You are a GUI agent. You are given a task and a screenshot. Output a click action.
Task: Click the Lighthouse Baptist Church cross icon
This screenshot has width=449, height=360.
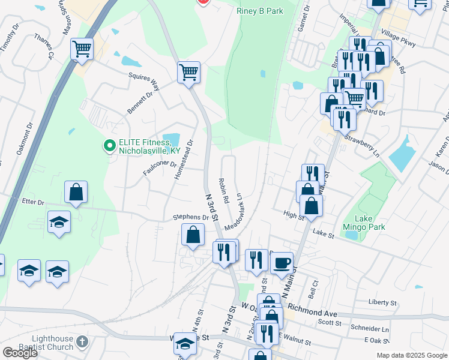pos(83,343)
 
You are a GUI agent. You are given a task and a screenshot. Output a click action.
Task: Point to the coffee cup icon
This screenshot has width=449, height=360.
pos(282,262)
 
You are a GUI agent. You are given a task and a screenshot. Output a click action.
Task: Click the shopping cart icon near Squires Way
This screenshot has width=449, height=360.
pos(188,73)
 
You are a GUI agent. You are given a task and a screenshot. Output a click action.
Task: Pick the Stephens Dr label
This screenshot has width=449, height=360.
pos(190,217)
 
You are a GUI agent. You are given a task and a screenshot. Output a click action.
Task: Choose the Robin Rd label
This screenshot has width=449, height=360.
pos(225,189)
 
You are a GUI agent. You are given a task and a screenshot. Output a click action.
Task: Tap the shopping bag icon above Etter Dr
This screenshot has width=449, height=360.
pos(76,193)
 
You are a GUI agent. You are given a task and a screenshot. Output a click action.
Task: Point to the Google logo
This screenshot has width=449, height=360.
pos(20,353)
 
